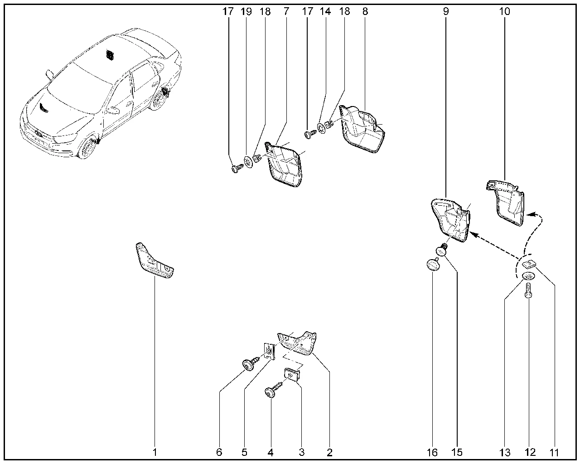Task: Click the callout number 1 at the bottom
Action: coord(155,452)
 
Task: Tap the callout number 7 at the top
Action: coord(286,11)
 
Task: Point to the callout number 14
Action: coord(326,11)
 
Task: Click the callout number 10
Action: coord(504,11)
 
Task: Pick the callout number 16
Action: coord(432,452)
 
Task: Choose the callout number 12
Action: coord(530,452)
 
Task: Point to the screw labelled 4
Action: coord(273,391)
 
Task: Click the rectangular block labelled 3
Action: coord(292,375)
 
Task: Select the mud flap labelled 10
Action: coord(508,202)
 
